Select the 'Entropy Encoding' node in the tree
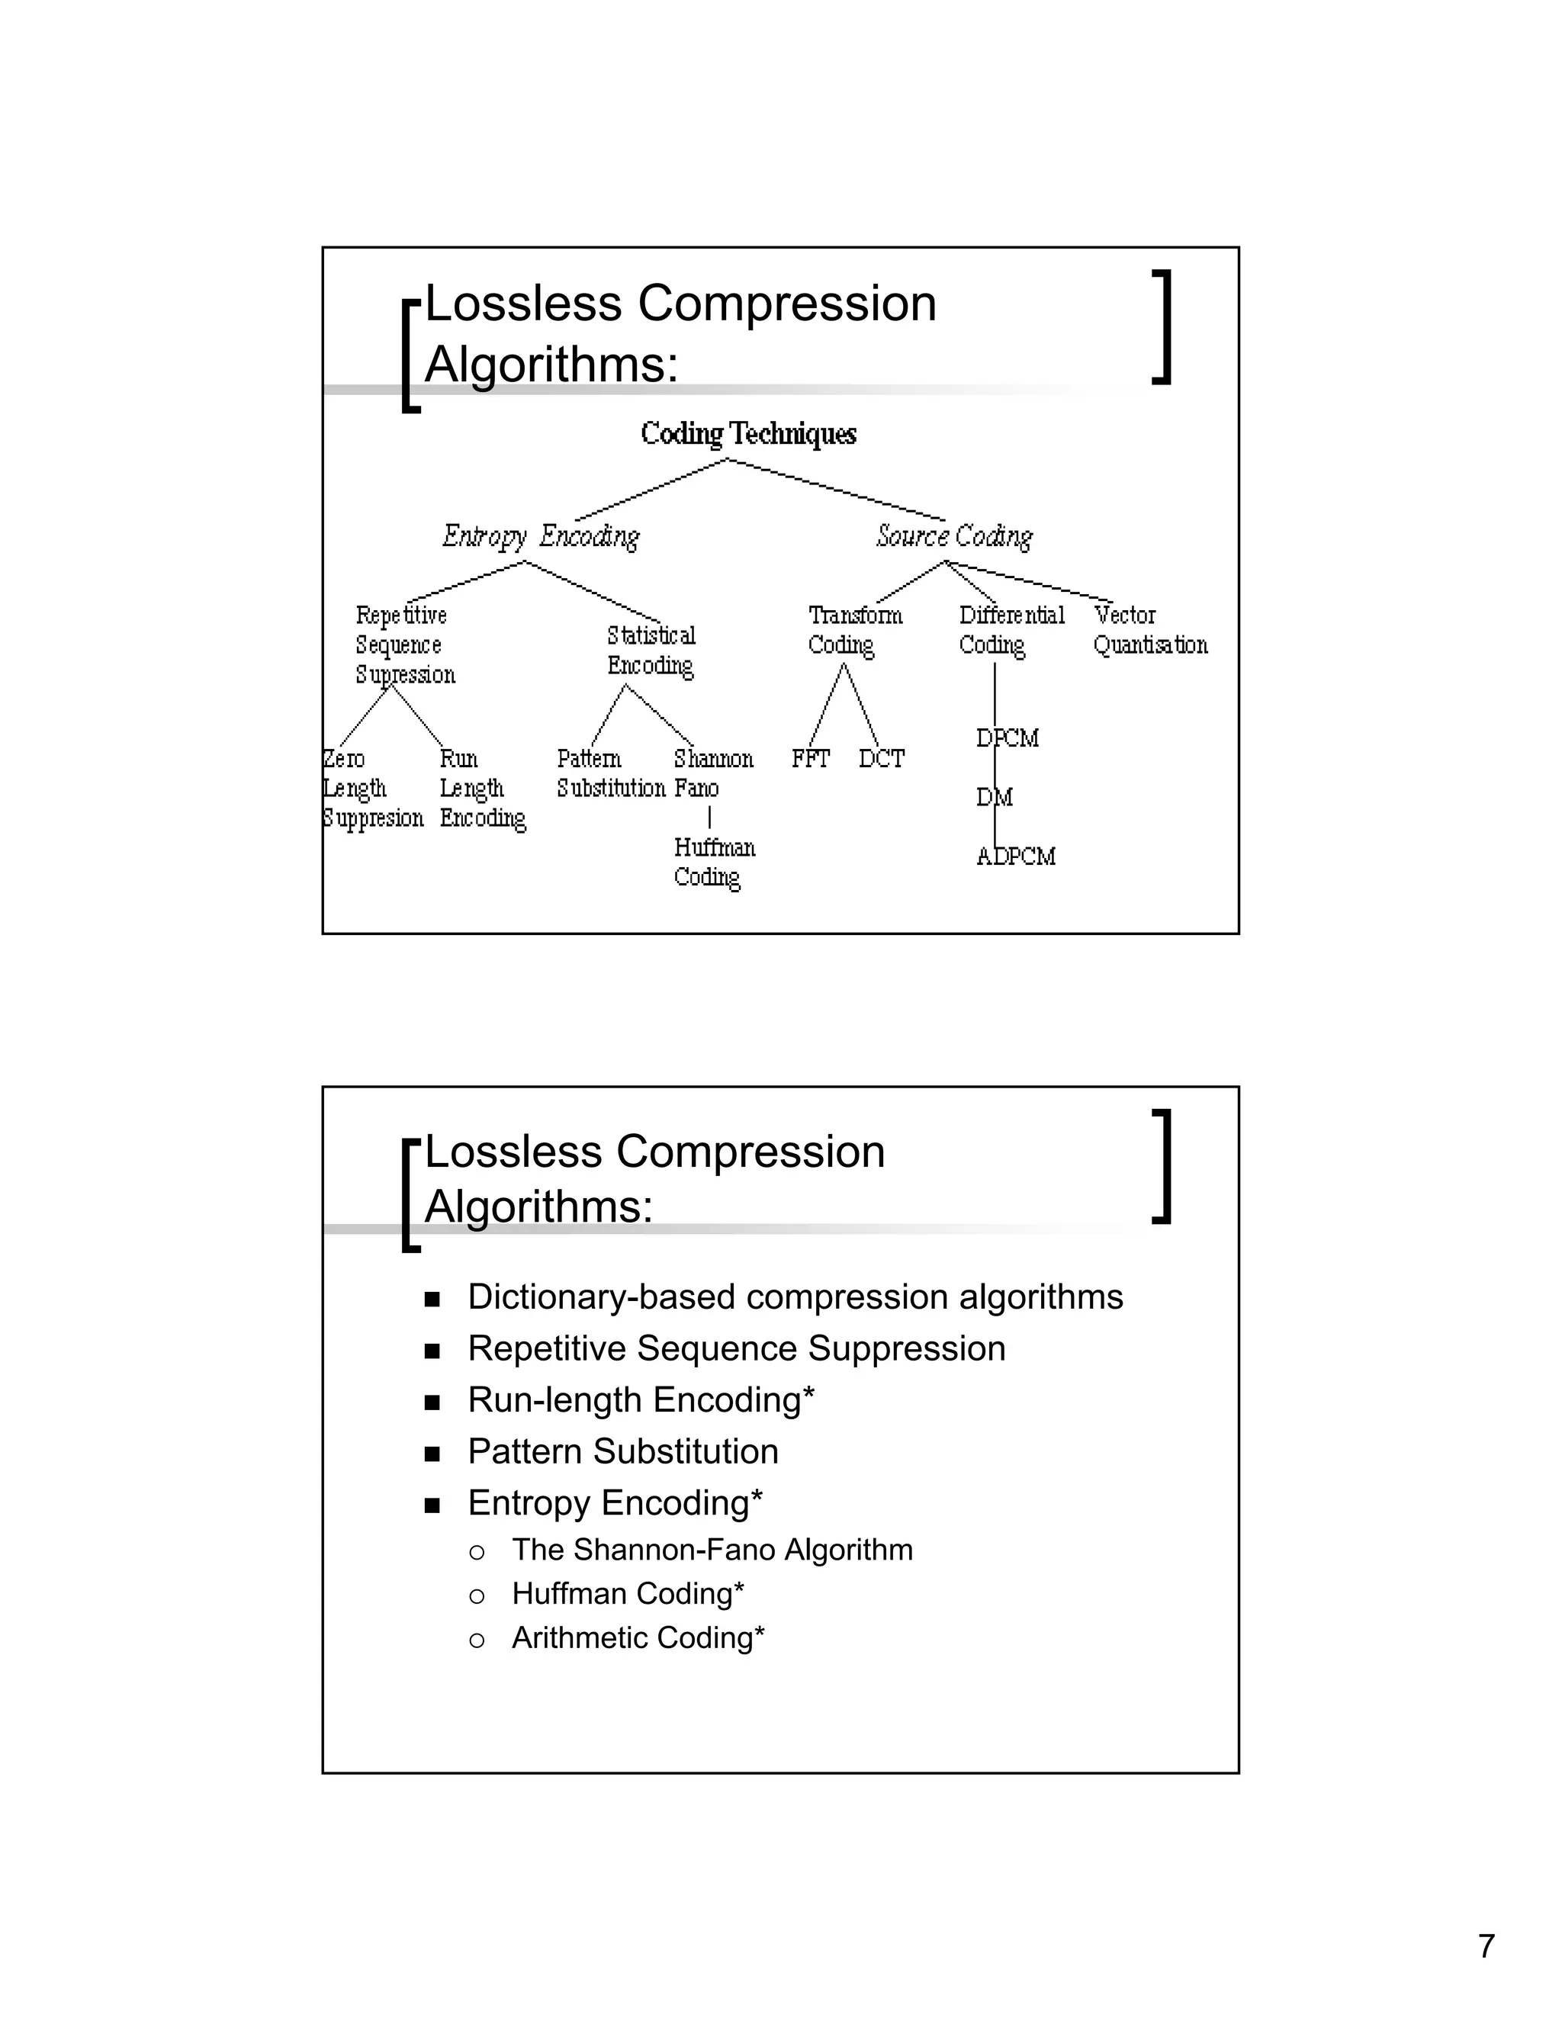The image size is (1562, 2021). coord(541,537)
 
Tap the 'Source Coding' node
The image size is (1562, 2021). coord(954,537)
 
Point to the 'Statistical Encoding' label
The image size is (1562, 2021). coord(651,651)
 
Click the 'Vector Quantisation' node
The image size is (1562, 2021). coord(1149,630)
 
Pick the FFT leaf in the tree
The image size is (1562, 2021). coord(810,759)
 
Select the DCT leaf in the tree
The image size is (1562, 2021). coord(881,759)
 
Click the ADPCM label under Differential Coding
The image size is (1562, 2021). coord(1016,857)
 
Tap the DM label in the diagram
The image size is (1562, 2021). coord(995,798)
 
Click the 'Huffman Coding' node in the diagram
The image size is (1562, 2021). coord(712,863)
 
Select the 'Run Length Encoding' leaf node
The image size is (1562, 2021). coord(482,789)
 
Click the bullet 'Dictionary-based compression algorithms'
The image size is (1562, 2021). coord(795,1297)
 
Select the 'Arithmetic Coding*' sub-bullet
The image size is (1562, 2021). coord(638,1638)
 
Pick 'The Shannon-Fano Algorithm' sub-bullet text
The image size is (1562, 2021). coord(712,1549)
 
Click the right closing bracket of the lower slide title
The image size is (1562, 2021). coord(1164,1166)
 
